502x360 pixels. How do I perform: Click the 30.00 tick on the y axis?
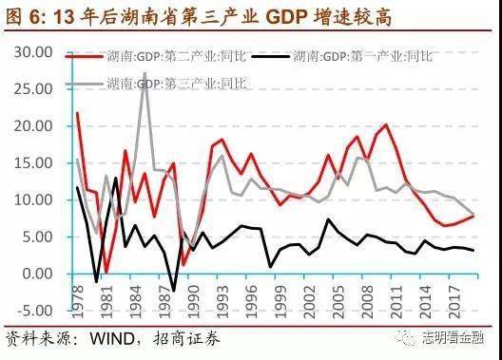tap(36, 52)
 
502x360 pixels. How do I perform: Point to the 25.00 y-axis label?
tap(36, 89)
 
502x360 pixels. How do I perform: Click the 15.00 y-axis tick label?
tap(36, 163)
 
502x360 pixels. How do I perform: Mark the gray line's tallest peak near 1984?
tap(145, 73)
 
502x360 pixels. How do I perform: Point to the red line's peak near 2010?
tap(386, 124)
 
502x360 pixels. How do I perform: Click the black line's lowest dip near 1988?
tap(172, 291)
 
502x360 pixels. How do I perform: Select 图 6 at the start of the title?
tap(21, 13)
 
